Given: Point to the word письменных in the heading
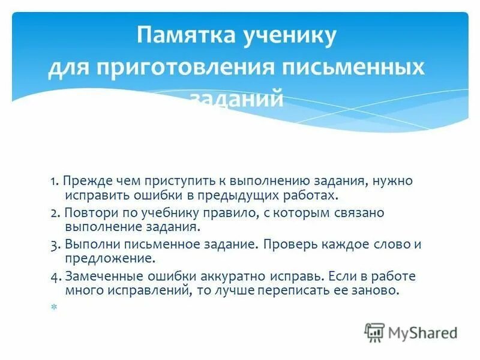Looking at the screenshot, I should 353,67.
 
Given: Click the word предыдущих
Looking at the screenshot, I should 233,196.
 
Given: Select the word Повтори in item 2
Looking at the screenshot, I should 87,213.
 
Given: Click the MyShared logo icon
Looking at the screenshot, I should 374,332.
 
